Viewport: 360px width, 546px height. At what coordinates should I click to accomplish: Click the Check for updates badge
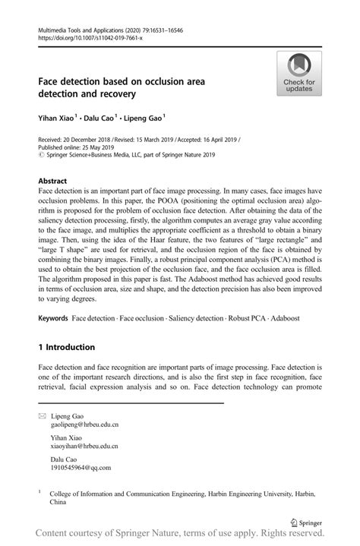click(298, 74)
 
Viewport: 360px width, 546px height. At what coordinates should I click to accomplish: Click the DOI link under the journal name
click(84, 36)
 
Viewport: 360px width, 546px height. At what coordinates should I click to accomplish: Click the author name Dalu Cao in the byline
click(102, 118)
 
